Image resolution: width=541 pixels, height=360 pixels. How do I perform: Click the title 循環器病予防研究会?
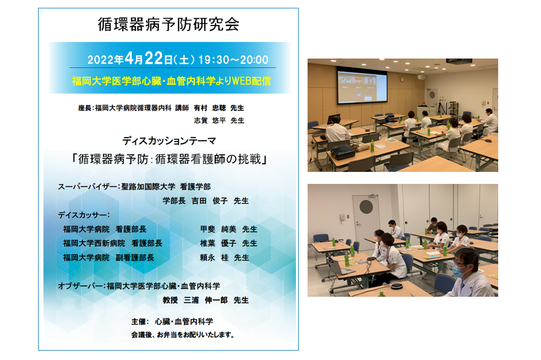tap(168, 25)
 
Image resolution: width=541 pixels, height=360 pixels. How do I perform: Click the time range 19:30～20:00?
tap(233, 60)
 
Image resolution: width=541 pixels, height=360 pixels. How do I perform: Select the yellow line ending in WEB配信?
tap(171, 81)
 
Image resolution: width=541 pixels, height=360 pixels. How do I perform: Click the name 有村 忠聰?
tap(210, 108)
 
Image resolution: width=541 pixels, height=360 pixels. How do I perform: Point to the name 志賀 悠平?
tap(210, 121)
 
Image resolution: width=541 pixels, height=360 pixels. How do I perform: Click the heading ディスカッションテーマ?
tap(169, 141)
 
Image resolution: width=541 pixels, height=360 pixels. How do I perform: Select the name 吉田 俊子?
tap(210, 201)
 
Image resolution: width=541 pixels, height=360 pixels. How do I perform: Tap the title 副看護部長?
tap(135, 258)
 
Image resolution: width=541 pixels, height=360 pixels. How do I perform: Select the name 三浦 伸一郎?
tap(206, 300)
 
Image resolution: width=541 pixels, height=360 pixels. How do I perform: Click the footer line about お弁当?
tap(183, 335)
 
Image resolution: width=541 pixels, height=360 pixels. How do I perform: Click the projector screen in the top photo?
tap(362, 87)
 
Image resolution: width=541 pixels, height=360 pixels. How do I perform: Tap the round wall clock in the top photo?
tap(402, 79)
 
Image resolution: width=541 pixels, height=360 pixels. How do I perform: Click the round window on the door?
tap(366, 207)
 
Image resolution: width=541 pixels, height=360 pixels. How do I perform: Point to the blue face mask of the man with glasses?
tap(458, 271)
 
